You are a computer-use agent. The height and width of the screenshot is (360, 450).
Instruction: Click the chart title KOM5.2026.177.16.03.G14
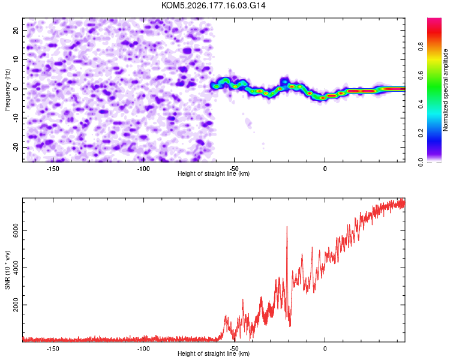point(213,5)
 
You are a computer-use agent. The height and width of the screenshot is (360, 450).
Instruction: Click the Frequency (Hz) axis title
point(7,90)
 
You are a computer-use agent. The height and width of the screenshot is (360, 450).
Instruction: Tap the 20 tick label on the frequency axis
point(16,31)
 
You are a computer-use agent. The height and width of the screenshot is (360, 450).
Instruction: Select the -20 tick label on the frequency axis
point(16,147)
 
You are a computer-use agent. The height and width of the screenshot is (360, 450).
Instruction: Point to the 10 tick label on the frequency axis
point(16,59)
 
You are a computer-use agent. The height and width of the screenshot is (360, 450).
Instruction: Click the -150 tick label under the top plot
point(52,169)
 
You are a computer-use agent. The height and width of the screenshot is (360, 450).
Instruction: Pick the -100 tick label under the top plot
point(143,169)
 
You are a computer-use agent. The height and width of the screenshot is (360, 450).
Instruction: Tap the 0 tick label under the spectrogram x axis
point(325,169)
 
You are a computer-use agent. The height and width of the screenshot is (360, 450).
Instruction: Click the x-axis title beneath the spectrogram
point(214,173)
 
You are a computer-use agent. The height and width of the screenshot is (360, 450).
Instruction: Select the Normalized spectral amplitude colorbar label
point(445,90)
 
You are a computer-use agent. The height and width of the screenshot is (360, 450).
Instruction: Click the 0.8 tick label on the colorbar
point(421,47)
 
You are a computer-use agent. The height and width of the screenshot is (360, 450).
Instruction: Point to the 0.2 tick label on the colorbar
point(421,133)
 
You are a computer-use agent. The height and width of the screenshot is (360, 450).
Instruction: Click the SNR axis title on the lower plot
point(7,270)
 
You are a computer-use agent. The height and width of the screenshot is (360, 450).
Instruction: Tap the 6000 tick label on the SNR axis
point(16,230)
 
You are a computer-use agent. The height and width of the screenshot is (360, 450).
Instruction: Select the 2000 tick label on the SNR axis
point(16,305)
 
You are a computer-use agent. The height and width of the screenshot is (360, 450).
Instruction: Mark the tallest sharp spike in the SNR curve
point(287,227)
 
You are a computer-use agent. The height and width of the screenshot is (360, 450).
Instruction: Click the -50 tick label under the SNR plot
point(234,349)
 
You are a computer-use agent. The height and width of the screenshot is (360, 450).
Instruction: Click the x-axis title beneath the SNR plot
point(214,353)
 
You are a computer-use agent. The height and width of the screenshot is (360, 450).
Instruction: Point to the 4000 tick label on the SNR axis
point(16,268)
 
